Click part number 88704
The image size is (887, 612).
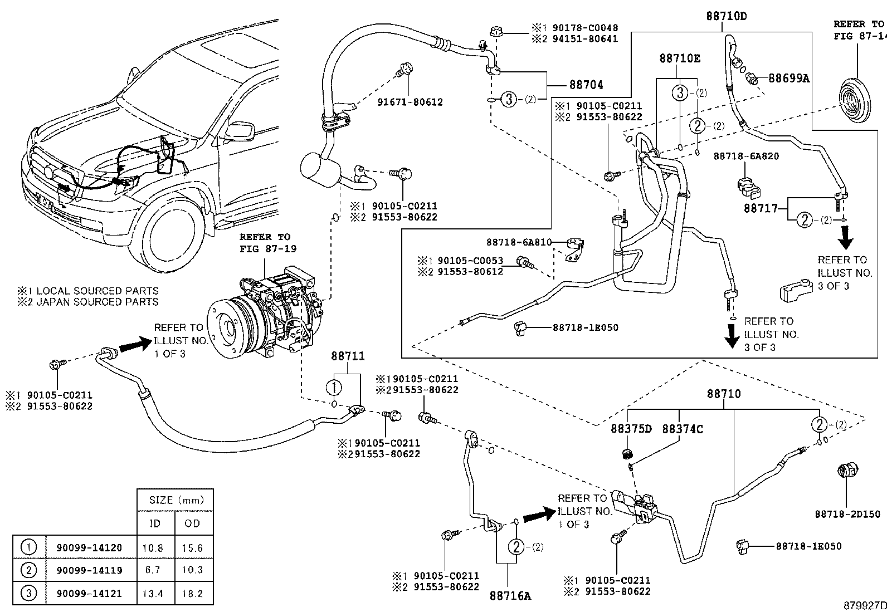tap(586, 85)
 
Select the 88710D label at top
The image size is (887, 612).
tap(726, 16)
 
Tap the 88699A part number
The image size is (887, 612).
tap(788, 79)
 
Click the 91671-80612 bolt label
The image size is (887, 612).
tap(410, 102)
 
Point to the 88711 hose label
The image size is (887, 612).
tap(348, 355)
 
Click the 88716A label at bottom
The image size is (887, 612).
tap(510, 596)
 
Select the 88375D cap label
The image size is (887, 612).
tap(631, 429)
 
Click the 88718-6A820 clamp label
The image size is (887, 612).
tap(746, 156)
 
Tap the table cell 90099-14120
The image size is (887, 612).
tap(89, 547)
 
